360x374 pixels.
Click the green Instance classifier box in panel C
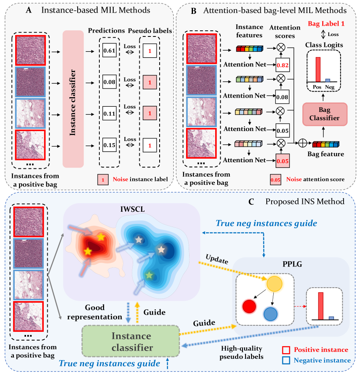[131, 342]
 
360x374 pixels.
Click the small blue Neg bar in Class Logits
[328, 80]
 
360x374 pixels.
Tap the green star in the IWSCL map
[149, 275]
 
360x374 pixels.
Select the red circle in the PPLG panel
[250, 307]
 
